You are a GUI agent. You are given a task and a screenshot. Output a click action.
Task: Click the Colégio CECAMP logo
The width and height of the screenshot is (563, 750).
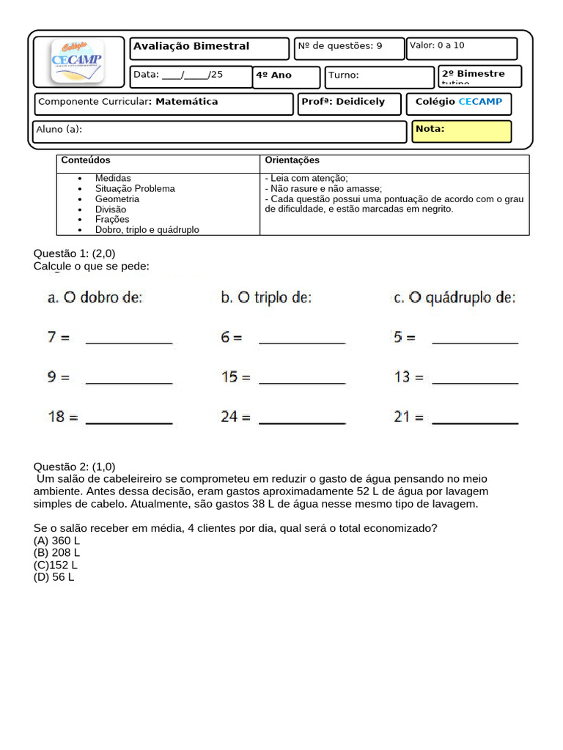coord(77,61)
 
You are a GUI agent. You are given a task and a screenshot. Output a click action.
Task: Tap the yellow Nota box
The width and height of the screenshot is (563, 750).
coord(461,131)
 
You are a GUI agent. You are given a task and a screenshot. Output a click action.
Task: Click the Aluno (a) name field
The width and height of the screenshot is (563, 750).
coord(220,131)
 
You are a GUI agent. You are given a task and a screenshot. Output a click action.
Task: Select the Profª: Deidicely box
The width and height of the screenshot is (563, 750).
coord(349,103)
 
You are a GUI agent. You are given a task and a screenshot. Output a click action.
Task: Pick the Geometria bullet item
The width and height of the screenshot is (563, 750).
coord(117,199)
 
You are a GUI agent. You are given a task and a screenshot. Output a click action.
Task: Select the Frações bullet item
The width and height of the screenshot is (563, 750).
coord(111,220)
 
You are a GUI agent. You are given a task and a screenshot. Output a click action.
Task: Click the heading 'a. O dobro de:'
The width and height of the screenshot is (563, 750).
coord(95,297)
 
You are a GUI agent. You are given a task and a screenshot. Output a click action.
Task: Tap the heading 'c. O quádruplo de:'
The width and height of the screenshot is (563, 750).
coord(455,297)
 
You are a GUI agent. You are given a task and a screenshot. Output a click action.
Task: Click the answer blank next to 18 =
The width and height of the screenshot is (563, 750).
coord(129,417)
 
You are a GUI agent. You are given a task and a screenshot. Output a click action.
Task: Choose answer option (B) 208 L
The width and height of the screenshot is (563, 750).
coord(56,553)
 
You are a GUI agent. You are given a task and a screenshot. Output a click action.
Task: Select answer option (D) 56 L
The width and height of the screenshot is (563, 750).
coord(54,577)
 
